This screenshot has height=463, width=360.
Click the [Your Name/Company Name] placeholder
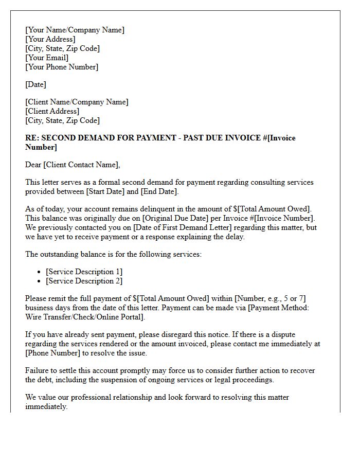pyautogui.click(x=75, y=30)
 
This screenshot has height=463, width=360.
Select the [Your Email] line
pyautogui.click(x=47, y=58)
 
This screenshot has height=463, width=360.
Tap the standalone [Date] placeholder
pyautogui.click(x=35, y=84)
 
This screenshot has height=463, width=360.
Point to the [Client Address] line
pyautogui.click(x=52, y=111)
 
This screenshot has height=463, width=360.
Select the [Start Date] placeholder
pyautogui.click(x=107, y=191)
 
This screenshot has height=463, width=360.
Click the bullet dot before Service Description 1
pyautogui.click(x=39, y=272)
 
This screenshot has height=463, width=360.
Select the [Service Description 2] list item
pyautogui.click(x=84, y=281)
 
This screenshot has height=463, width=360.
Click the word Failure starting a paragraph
pyautogui.click(x=37, y=370)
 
